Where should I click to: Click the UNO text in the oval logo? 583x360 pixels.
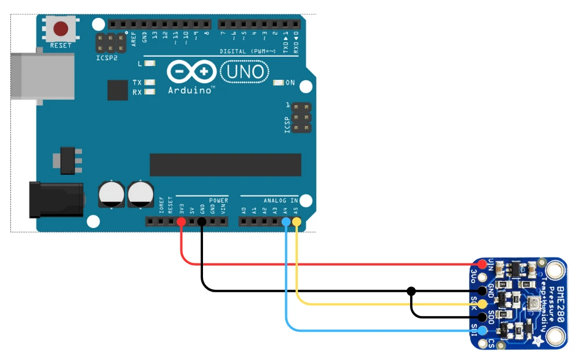point(245,72)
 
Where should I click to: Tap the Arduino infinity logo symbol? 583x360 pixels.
point(191,72)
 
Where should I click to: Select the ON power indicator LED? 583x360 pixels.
point(278,83)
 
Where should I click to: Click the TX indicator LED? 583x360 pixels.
point(150,83)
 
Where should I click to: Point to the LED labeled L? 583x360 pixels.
point(150,63)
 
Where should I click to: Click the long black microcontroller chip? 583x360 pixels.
point(225,165)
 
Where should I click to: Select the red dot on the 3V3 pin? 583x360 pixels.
point(181,222)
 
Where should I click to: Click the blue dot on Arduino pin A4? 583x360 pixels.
point(286,222)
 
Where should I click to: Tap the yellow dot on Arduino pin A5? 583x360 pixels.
point(297,222)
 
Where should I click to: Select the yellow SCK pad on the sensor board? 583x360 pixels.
point(482,303)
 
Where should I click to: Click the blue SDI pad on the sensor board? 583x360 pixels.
point(482,330)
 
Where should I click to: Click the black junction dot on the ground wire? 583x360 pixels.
point(411,290)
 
